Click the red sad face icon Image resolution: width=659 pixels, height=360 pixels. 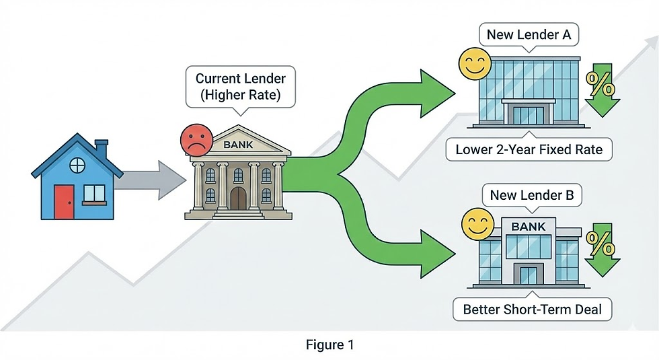[194, 141]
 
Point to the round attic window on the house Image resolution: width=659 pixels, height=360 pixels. [77, 164]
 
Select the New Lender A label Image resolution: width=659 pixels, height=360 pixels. [528, 35]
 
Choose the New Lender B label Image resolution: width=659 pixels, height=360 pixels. [531, 196]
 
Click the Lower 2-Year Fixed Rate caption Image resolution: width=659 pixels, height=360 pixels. [529, 149]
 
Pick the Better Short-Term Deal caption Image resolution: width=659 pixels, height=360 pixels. [528, 310]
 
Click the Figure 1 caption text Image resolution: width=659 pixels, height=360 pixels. [329, 345]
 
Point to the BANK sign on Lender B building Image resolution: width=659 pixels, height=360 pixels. [529, 227]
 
